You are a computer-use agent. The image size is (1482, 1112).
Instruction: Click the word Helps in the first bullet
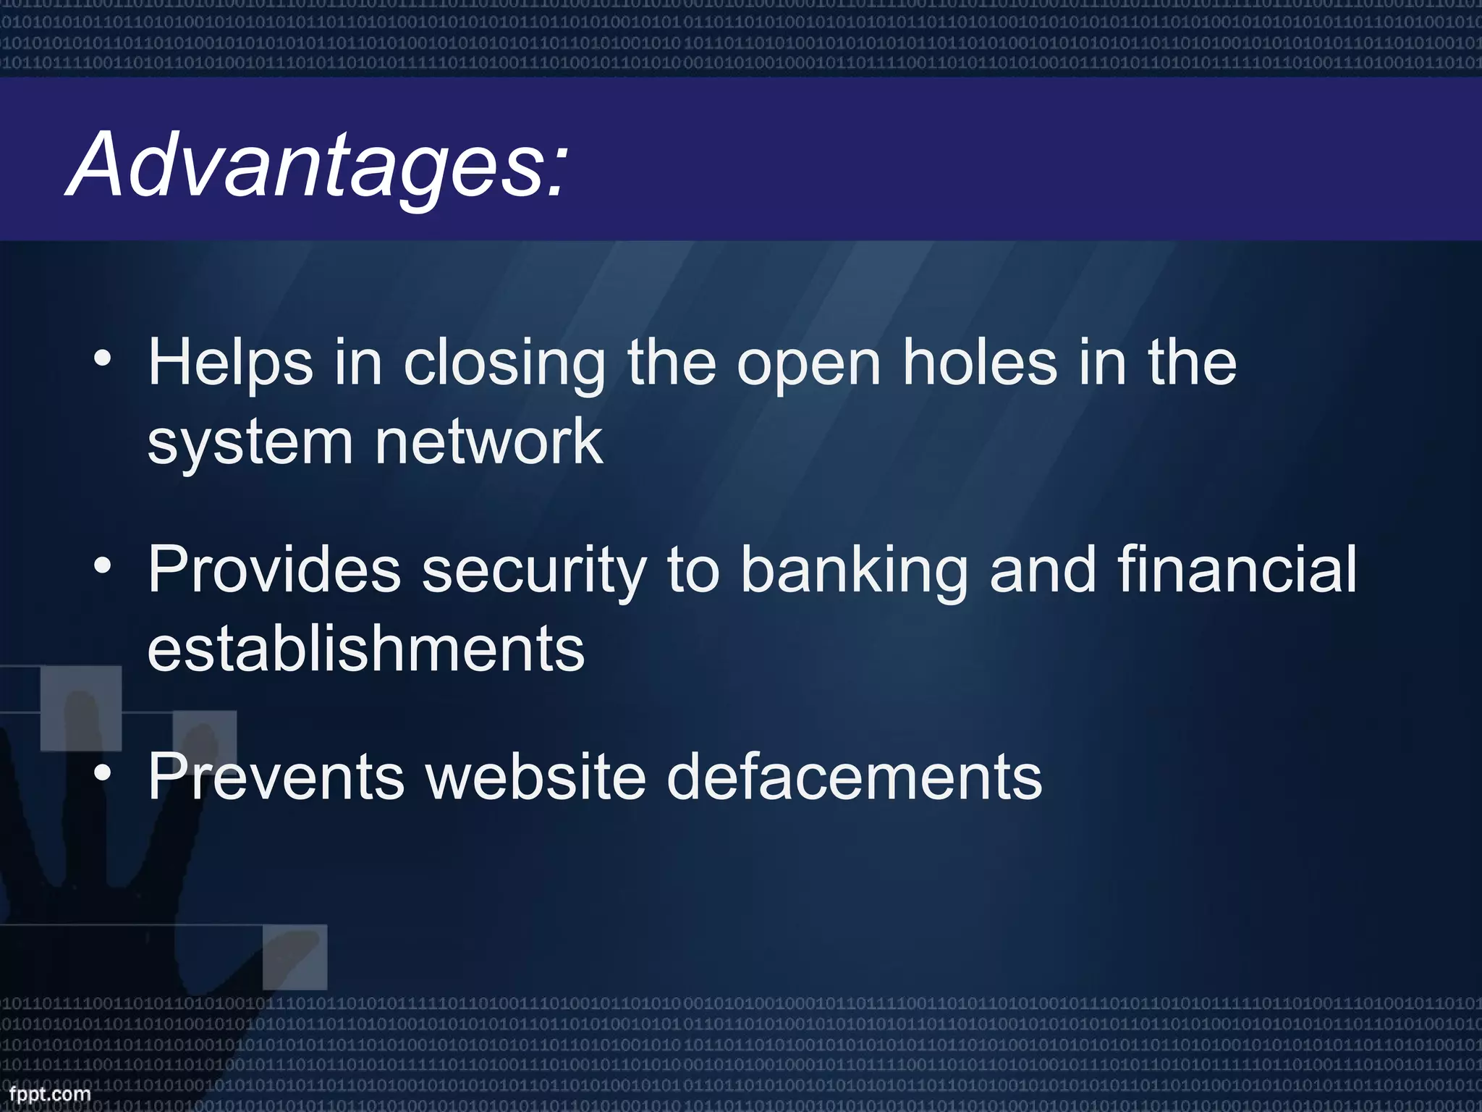[x=230, y=363]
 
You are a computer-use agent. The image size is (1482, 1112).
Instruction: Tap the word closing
[x=504, y=363]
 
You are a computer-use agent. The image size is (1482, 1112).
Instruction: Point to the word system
[x=250, y=443]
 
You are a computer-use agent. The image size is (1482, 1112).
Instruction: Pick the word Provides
[x=274, y=570]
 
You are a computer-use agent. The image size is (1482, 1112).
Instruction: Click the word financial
[x=1237, y=570]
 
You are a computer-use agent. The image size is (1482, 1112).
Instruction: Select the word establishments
[x=365, y=649]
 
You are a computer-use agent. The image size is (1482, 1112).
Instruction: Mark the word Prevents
[x=276, y=778]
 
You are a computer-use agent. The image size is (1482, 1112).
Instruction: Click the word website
[x=535, y=778]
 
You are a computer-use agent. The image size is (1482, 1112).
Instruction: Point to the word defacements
[x=854, y=778]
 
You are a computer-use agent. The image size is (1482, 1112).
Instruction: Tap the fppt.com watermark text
[x=50, y=1094]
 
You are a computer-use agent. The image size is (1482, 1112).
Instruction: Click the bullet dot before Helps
[x=103, y=360]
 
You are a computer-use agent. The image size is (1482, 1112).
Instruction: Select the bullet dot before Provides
[x=103, y=566]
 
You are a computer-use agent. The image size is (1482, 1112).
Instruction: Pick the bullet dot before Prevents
[x=103, y=773]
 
